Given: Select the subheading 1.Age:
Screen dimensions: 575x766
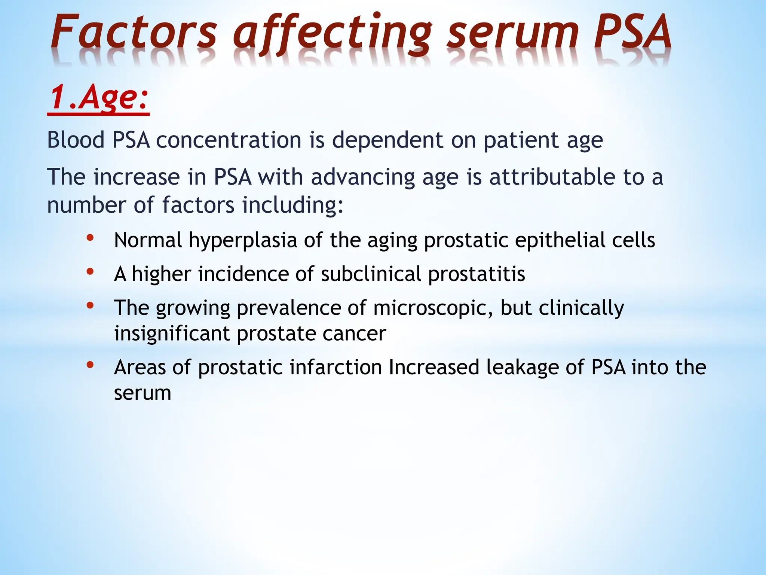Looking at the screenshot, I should (x=99, y=97).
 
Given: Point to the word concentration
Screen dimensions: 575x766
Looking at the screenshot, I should (x=229, y=140).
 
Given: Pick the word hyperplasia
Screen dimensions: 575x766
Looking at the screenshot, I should (x=243, y=240).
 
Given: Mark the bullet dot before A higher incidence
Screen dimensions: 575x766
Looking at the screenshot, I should (x=90, y=271).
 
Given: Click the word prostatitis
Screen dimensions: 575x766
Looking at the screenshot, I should (x=477, y=274).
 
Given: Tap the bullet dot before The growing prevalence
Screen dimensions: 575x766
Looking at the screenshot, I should (x=90, y=305).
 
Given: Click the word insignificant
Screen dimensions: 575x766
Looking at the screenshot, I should (x=172, y=334).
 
